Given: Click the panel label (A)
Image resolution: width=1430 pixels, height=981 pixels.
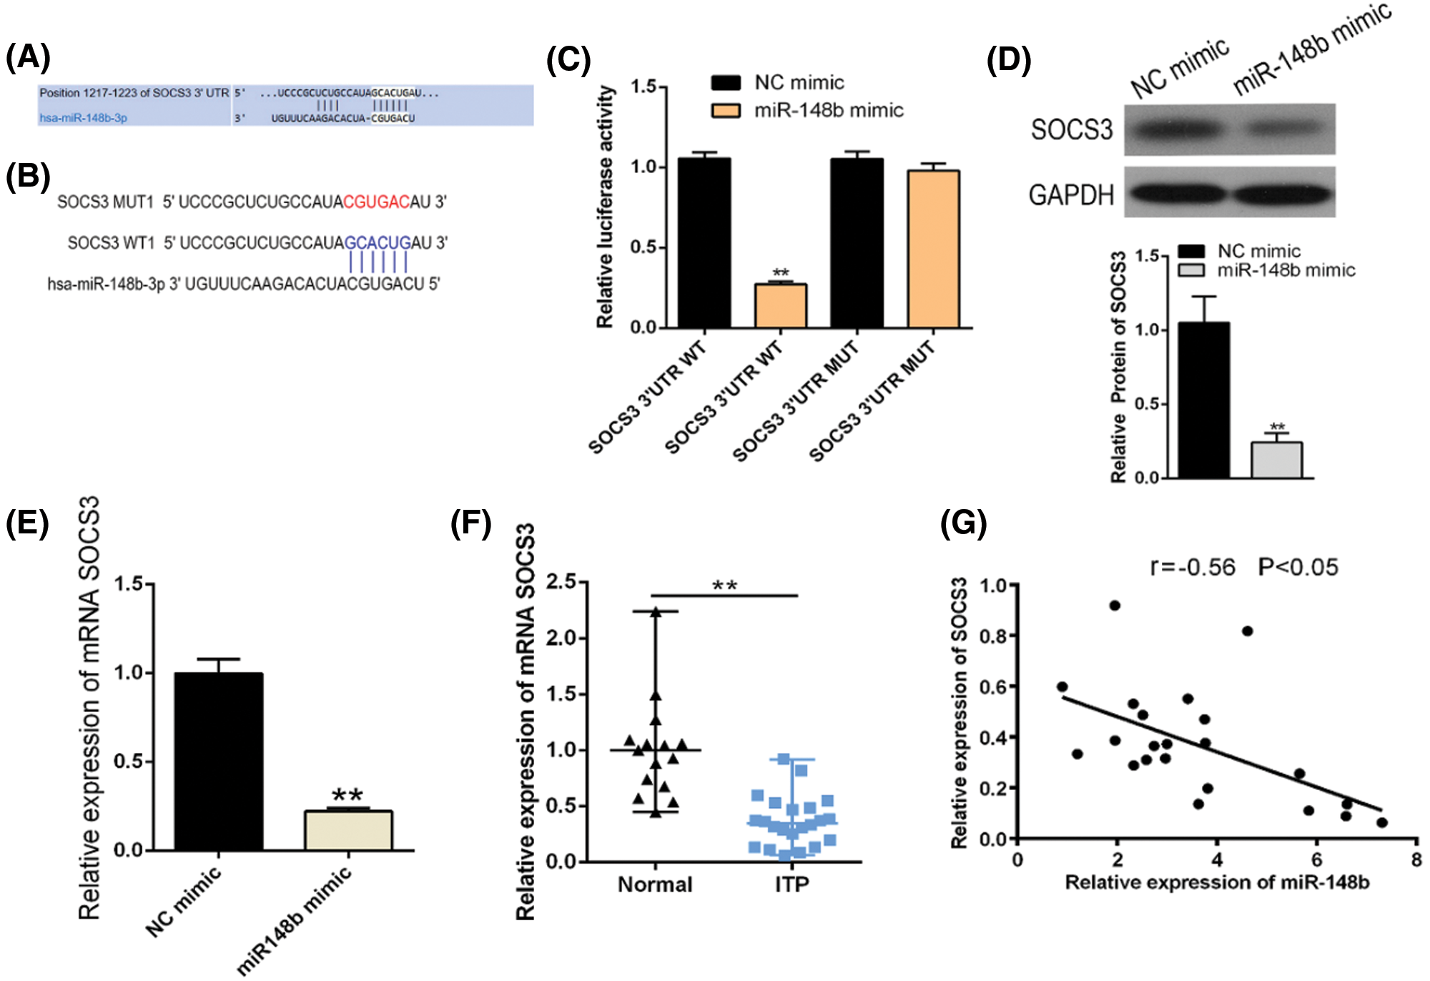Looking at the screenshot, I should pos(28,56).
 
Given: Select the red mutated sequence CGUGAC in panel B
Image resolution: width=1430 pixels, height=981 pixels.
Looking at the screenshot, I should pos(376,202).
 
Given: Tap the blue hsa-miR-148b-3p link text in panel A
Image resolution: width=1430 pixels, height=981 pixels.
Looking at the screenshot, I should pos(83,118).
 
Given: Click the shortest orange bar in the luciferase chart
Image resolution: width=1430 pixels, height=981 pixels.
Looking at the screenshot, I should pos(781,305).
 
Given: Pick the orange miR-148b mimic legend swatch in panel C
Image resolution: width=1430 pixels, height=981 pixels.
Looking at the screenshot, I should pos(726,110).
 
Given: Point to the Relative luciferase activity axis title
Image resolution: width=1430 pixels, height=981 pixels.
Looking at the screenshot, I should pos(606,207).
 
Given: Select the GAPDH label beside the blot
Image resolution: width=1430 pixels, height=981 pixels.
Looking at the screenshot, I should pos(1071,194).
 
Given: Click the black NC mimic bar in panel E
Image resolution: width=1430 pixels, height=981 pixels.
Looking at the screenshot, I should pos(219,761).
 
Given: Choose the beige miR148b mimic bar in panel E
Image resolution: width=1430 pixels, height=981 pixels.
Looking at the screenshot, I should pos(348,830).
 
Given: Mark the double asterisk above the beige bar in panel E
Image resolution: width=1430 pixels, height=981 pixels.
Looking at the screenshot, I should pos(347,794).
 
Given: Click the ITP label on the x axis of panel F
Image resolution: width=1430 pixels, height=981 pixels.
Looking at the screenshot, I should pos(792,884).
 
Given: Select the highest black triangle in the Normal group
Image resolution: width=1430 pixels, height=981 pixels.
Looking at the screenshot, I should pos(656,612).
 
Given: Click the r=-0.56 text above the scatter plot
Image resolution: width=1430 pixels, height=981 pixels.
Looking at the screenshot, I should pos(1193,568).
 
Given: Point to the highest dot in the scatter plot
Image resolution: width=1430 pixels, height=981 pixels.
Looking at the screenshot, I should pos(1115,606).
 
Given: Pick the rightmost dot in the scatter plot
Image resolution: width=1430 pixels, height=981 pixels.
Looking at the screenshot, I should pos(1381,822).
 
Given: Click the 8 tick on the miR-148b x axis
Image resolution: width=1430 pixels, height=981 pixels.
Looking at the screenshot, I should pos(1416,859).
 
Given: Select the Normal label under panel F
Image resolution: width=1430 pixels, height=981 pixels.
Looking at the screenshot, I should pos(655,884).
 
